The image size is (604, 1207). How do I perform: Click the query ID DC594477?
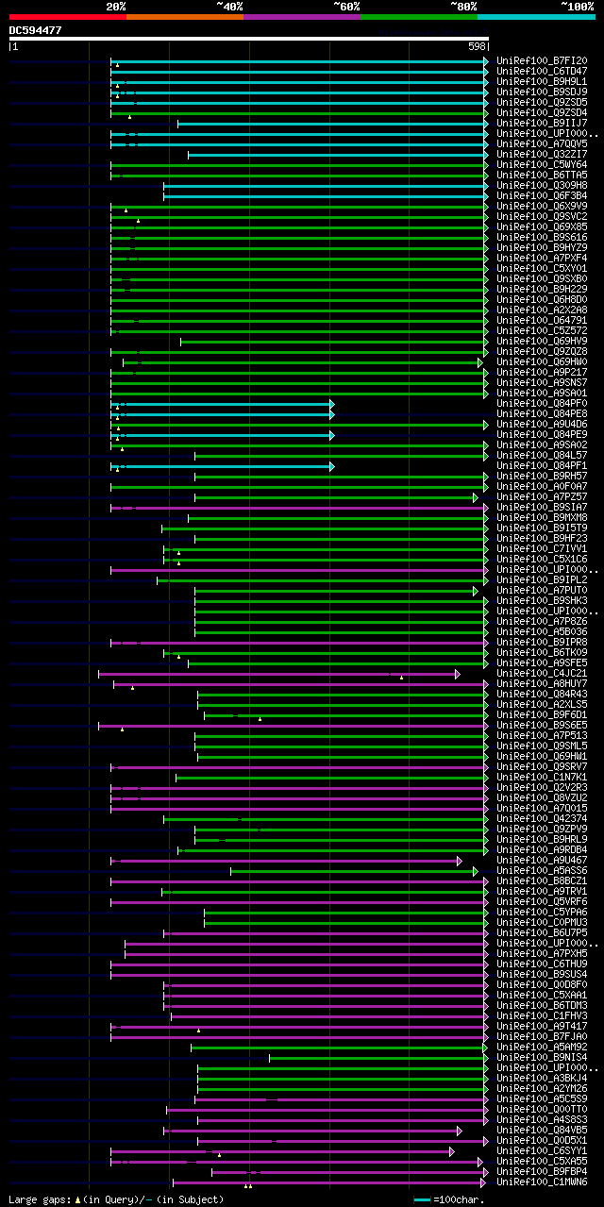[x=36, y=30]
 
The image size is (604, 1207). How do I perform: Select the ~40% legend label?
[x=229, y=6]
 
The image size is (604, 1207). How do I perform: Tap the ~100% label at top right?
[x=577, y=6]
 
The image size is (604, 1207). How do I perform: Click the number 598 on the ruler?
[x=477, y=46]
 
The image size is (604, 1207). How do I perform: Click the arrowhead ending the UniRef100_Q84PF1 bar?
[x=331, y=466]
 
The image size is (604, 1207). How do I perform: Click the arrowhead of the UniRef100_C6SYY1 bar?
[x=452, y=1151]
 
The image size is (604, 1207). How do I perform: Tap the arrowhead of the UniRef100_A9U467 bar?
[x=460, y=861]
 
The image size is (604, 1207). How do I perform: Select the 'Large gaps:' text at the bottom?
[x=39, y=1199]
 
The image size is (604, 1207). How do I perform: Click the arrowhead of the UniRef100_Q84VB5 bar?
[x=460, y=1131]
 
